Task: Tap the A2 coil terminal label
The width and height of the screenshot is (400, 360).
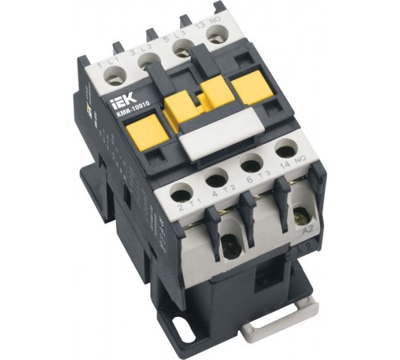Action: (307, 233)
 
